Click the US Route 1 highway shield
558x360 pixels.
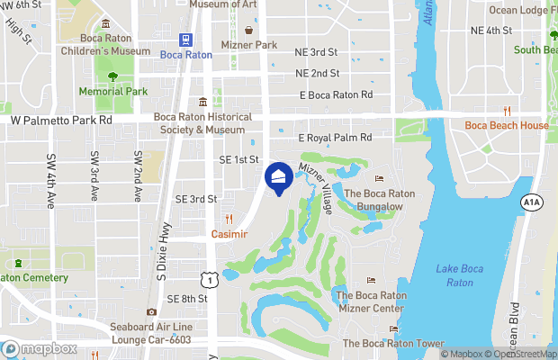pyautogui.click(x=209, y=281)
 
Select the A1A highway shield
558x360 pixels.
pyautogui.click(x=531, y=203)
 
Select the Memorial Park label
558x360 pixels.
pyautogui.click(x=112, y=92)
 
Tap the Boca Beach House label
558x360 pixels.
pyautogui.click(x=506, y=125)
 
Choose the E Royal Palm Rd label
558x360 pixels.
pyautogui.click(x=335, y=139)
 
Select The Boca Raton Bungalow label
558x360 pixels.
pyautogui.click(x=378, y=200)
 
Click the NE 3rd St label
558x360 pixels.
pyautogui.click(x=316, y=53)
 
